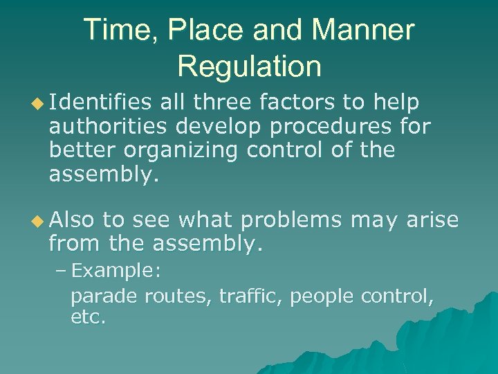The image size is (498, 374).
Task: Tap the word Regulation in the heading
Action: pyautogui.click(x=249, y=66)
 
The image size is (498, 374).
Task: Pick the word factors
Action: pyautogui.click(x=296, y=103)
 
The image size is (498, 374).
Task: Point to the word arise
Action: pyautogui.click(x=432, y=220)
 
